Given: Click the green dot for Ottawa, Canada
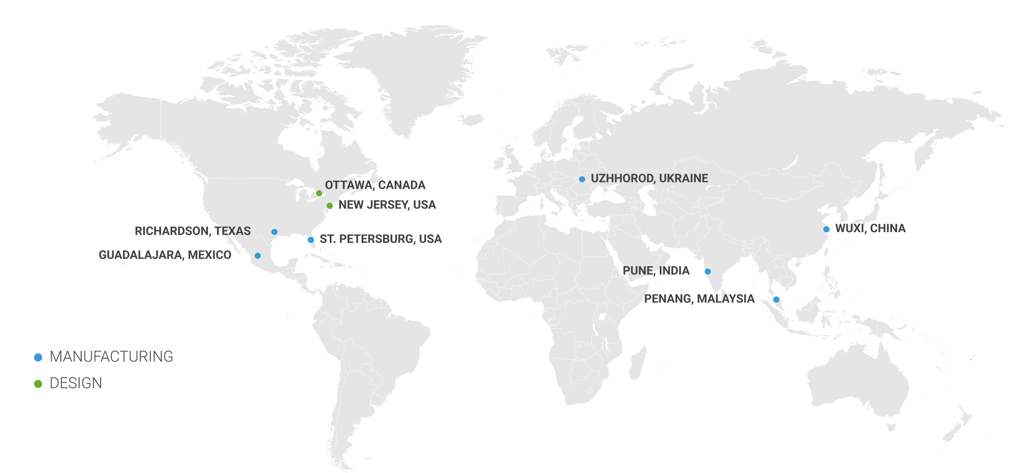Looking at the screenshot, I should (319, 193).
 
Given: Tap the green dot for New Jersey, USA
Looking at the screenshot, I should (329, 205).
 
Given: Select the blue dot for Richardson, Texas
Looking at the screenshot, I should (274, 232).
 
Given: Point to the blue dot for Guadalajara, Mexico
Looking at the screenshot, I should (258, 255).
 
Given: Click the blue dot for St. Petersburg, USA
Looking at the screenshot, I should (311, 240).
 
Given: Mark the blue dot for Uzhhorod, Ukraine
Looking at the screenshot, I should (582, 179).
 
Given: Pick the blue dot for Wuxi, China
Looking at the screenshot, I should (826, 229).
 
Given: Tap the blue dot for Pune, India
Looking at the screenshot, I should (708, 272).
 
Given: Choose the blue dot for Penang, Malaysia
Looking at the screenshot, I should (776, 299).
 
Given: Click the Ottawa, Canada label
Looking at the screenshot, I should (375, 185).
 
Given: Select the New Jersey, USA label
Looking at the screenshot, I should (387, 205).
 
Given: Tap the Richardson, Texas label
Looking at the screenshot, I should (193, 231).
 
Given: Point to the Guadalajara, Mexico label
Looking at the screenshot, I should (165, 255).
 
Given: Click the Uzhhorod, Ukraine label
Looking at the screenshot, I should (649, 179).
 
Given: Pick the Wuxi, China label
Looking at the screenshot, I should (870, 229).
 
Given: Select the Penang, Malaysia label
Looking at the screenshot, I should (699, 299).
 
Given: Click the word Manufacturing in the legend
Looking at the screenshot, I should (111, 357).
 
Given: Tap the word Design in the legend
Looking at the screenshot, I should (76, 383).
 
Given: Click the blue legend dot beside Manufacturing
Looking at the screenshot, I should (38, 357).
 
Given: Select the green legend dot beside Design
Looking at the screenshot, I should (38, 384).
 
